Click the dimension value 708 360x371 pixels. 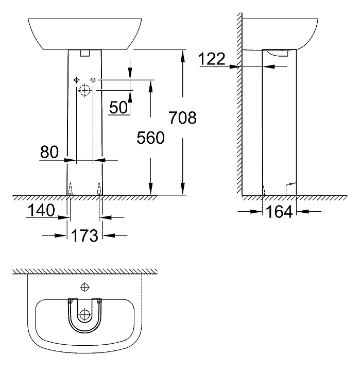182,118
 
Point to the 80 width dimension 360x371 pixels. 50,152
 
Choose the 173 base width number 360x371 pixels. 85,236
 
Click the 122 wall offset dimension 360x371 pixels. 212,59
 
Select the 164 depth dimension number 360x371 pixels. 279,211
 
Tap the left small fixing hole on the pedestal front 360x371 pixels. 76,79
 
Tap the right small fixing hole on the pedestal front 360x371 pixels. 93,79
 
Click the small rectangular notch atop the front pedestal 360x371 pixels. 85,53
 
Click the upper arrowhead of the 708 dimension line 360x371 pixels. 182,54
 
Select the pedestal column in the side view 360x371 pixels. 280,124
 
